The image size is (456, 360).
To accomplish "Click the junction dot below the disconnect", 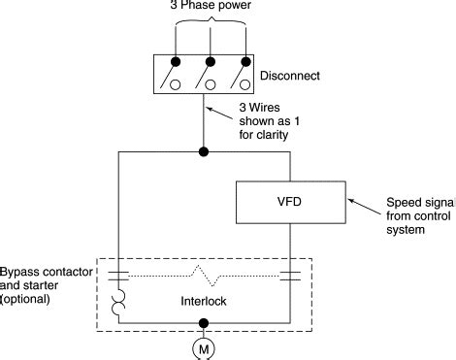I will point(202,152).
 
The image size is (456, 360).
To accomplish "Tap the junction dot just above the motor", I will point(202,324).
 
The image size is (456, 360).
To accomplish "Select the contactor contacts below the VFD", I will point(288,278).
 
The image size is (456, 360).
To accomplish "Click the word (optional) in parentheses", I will point(26,302).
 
